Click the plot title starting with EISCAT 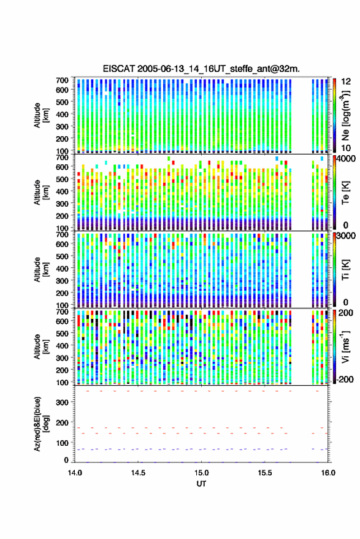[x=201, y=69]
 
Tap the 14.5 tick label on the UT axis [x=138, y=473]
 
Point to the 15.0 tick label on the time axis [x=202, y=473]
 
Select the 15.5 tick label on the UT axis [x=265, y=473]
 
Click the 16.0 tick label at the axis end [x=328, y=473]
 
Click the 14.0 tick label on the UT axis [x=75, y=473]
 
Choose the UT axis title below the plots [x=201, y=484]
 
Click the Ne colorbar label [x=345, y=115]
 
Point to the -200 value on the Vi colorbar [x=345, y=379]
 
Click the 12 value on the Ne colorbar [x=346, y=82]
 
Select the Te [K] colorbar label [x=345, y=193]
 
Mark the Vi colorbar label [x=345, y=346]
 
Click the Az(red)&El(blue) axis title [x=42, y=424]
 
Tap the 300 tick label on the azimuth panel [x=62, y=402]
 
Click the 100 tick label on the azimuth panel [x=62, y=443]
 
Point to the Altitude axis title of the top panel [x=42, y=115]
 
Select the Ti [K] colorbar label [x=345, y=270]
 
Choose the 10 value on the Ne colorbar [x=346, y=148]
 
